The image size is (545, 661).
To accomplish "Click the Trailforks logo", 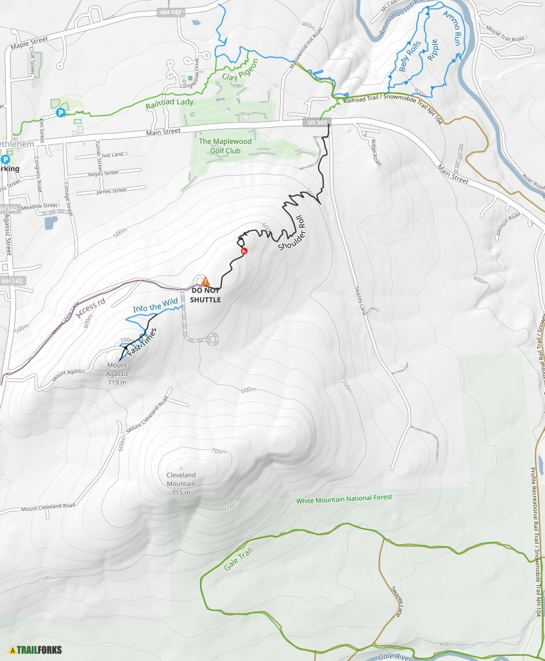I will (x=36, y=649).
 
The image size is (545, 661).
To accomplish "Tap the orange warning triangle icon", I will (x=205, y=281).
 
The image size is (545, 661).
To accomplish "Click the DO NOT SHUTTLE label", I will (x=205, y=295).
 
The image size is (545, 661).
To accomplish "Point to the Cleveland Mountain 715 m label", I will (x=181, y=483).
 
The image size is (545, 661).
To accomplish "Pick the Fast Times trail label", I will (x=141, y=343).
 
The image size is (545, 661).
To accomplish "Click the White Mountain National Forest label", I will (x=344, y=499).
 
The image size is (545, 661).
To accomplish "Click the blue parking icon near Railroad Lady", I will (x=61, y=113).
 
